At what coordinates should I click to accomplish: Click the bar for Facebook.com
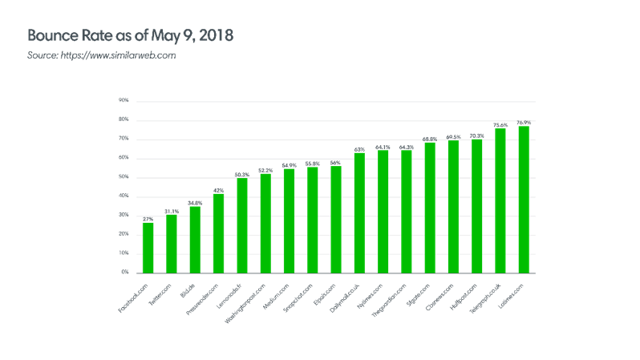pyautogui.click(x=148, y=247)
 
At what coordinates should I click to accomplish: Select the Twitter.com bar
pyautogui.click(x=171, y=243)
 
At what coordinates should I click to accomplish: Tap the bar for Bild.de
pyautogui.click(x=195, y=239)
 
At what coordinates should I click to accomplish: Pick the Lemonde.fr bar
pyautogui.click(x=242, y=224)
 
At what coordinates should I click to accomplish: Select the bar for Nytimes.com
pyautogui.click(x=383, y=212)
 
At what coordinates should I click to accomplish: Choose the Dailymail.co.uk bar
pyautogui.click(x=359, y=212)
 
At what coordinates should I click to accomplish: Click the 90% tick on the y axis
pyautogui.click(x=124, y=101)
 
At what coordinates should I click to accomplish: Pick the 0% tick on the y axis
pyautogui.click(x=126, y=273)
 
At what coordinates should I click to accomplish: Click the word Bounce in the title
pyautogui.click(x=51, y=37)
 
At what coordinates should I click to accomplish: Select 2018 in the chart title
pyautogui.click(x=216, y=37)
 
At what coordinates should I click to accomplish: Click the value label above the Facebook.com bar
pyautogui.click(x=148, y=218)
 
